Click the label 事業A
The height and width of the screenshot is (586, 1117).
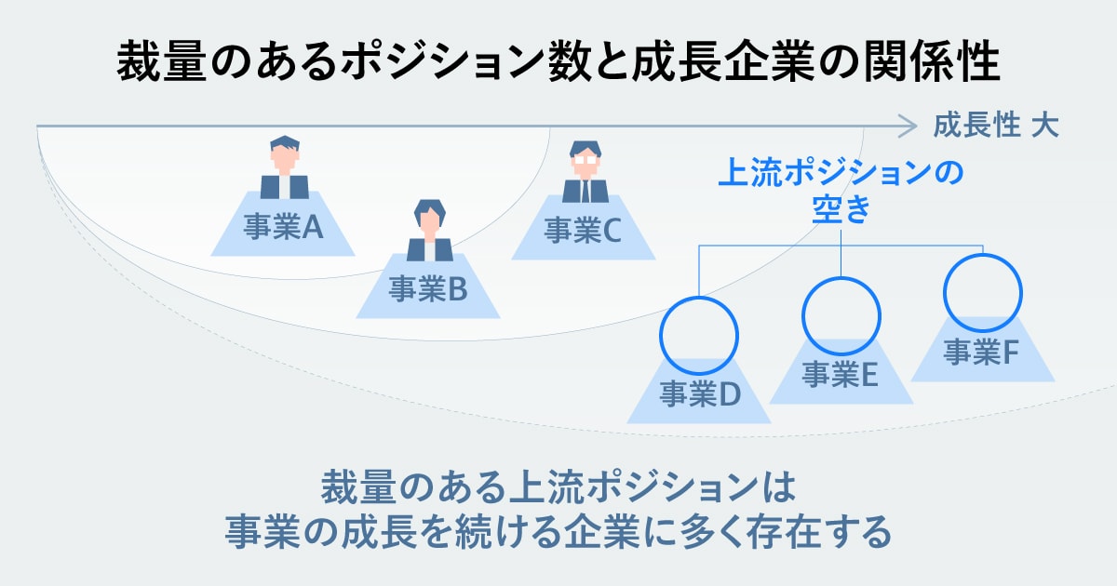coord(283,228)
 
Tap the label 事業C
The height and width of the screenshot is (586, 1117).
coord(583,230)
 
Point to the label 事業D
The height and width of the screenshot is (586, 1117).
coord(699,394)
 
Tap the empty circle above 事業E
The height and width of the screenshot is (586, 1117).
coord(841,313)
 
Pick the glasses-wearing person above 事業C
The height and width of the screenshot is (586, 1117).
coord(585,171)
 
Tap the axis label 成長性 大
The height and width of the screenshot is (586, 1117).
coord(996,126)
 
